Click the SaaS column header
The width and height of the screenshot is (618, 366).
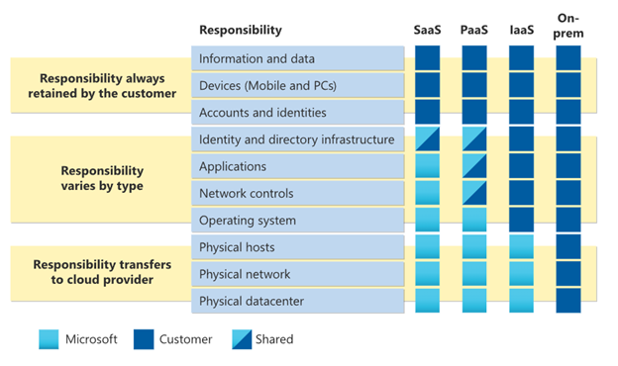coord(428,30)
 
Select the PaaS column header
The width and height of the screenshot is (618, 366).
coord(474,30)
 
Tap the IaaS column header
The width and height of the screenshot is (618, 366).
coord(521,30)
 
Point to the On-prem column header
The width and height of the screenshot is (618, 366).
coord(568,26)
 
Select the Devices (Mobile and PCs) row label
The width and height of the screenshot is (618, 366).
coord(267,85)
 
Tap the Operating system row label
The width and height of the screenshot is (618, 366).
coord(247,220)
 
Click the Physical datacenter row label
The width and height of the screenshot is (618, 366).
coord(251,301)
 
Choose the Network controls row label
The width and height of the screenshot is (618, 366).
coord(244,193)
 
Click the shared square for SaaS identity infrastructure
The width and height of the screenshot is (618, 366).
coord(428,138)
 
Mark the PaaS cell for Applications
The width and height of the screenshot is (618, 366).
coord(474,166)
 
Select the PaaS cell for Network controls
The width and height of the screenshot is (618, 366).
coord(474,193)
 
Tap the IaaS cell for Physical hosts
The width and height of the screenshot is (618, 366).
coord(521,246)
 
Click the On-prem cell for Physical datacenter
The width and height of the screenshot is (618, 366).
coord(568,301)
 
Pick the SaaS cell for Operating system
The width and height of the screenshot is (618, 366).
coord(428,220)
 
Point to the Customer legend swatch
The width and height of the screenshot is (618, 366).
coord(143,339)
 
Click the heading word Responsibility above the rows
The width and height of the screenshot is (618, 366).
coord(240,30)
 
